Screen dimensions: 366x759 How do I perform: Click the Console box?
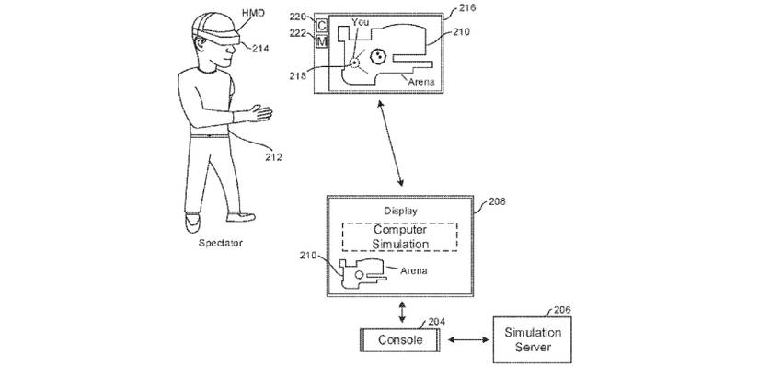(x=400, y=339)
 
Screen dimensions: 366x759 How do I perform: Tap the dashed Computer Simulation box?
(x=400, y=236)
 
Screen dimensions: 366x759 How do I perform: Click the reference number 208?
(x=496, y=200)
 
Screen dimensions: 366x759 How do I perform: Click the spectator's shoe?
(x=191, y=222)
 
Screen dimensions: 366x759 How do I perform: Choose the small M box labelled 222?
(x=321, y=42)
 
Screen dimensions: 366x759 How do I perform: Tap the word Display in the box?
(x=400, y=211)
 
